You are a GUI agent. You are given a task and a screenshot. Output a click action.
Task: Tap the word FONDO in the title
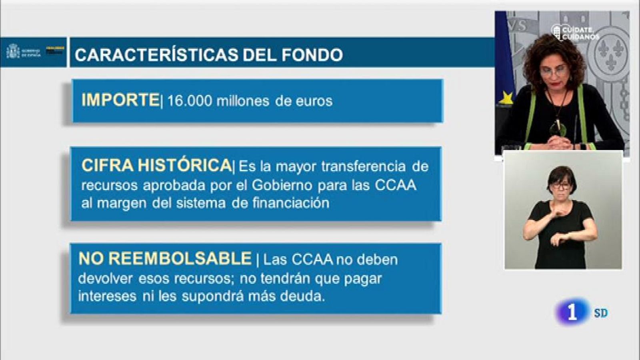pyautogui.click(x=312, y=55)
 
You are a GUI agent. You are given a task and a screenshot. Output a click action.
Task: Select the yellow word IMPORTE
pyautogui.click(x=120, y=100)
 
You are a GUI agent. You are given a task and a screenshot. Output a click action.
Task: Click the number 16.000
pyautogui.click(x=189, y=101)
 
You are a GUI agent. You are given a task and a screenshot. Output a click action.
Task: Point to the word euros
pyautogui.click(x=314, y=101)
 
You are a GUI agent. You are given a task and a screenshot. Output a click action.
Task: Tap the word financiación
pyautogui.click(x=291, y=203)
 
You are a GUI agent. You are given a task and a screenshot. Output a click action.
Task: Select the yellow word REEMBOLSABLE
pyautogui.click(x=180, y=259)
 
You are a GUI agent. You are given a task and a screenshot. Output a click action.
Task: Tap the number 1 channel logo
pyautogui.click(x=572, y=312)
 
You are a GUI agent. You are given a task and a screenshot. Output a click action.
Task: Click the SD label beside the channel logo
pyautogui.click(x=601, y=313)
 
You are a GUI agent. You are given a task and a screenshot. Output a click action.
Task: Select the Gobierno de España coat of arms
pyautogui.click(x=13, y=52)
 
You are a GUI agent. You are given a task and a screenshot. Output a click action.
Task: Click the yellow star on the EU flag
pyautogui.click(x=506, y=98)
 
